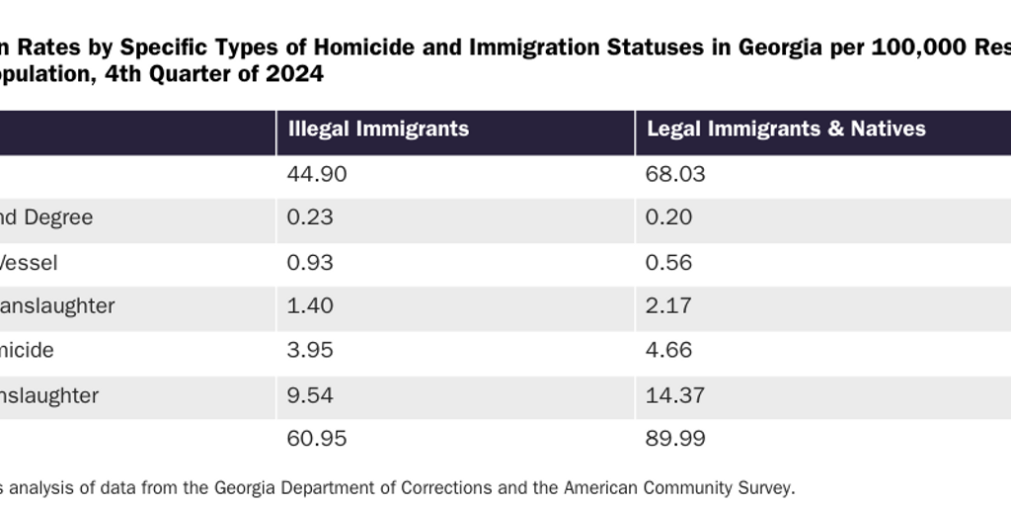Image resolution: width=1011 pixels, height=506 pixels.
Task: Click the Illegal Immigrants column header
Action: [378, 129]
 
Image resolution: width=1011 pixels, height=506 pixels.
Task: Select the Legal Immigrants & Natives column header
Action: [786, 129]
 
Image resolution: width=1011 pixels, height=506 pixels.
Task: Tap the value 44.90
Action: [317, 175]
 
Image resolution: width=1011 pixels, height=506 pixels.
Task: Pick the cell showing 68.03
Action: [675, 175]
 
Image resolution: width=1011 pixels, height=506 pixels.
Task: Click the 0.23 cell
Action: [310, 217]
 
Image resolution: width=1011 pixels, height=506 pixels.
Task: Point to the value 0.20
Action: [668, 217]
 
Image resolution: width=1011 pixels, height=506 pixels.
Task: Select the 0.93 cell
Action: [310, 263]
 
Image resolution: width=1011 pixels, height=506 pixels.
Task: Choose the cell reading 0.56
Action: [668, 263]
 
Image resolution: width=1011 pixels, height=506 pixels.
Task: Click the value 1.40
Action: [310, 306]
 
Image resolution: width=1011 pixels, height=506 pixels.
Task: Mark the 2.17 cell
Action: [668, 306]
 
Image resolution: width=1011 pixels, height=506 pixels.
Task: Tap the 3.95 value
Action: [310, 351]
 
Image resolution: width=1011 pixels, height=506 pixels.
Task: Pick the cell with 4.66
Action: [668, 351]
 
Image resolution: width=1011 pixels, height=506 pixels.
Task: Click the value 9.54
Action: [310, 395]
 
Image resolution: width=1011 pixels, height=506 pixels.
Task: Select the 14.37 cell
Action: [675, 395]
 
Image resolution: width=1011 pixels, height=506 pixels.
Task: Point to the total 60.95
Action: [317, 439]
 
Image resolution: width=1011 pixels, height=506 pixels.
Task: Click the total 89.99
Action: [675, 439]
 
